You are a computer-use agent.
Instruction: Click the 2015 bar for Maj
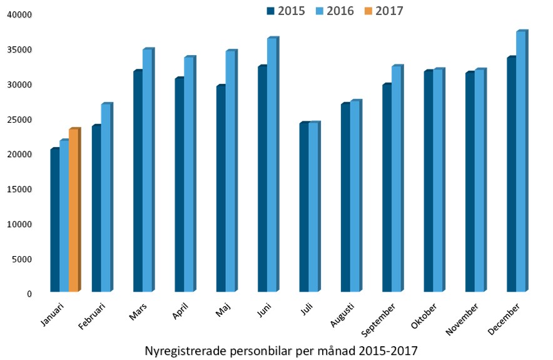[x=221, y=188]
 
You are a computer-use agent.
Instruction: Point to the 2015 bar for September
[x=387, y=188]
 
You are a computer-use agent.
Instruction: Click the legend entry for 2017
[x=383, y=10]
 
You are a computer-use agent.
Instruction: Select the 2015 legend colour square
[x=270, y=10]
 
